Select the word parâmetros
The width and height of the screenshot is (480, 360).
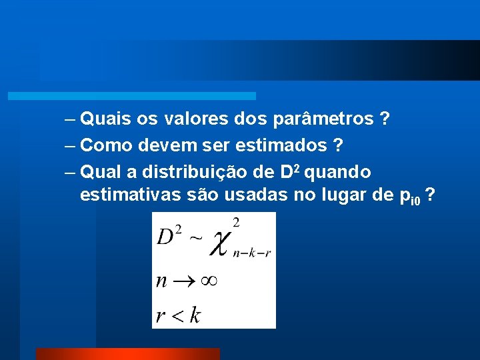click(x=323, y=120)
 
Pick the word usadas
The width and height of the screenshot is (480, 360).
click(x=252, y=196)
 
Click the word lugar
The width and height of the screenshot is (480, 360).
click(x=347, y=196)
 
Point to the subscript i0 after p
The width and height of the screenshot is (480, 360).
click(x=416, y=201)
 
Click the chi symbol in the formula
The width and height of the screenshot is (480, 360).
click(x=221, y=244)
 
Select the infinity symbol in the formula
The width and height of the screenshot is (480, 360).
click(x=209, y=281)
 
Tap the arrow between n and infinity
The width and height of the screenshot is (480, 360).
click(x=183, y=281)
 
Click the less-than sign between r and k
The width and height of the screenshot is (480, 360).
click(x=177, y=315)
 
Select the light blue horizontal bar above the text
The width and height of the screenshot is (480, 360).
click(x=132, y=96)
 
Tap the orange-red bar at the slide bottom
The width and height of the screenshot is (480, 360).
click(x=127, y=353)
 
